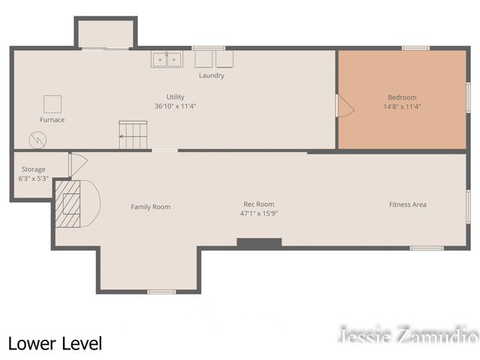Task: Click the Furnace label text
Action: click(x=52, y=120)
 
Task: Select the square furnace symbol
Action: click(x=52, y=104)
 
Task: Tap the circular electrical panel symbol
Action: click(x=37, y=140)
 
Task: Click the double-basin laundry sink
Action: click(x=166, y=59)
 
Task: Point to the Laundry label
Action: click(x=211, y=76)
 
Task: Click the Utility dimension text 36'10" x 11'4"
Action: click(x=175, y=106)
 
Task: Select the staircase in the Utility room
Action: click(x=133, y=135)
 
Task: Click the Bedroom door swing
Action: click(x=345, y=106)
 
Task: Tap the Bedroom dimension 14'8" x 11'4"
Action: click(x=402, y=106)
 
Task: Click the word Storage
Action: click(x=33, y=169)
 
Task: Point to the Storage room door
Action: click(x=78, y=165)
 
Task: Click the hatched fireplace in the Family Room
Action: click(x=68, y=204)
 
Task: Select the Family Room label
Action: click(x=151, y=207)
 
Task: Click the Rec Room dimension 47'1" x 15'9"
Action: click(x=259, y=213)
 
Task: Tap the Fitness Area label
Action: click(x=408, y=205)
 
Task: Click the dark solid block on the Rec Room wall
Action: click(x=259, y=243)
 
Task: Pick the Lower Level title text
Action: click(x=55, y=343)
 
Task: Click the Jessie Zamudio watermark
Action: click(x=409, y=334)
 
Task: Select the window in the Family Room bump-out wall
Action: click(x=162, y=292)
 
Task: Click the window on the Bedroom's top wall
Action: click(x=415, y=48)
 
